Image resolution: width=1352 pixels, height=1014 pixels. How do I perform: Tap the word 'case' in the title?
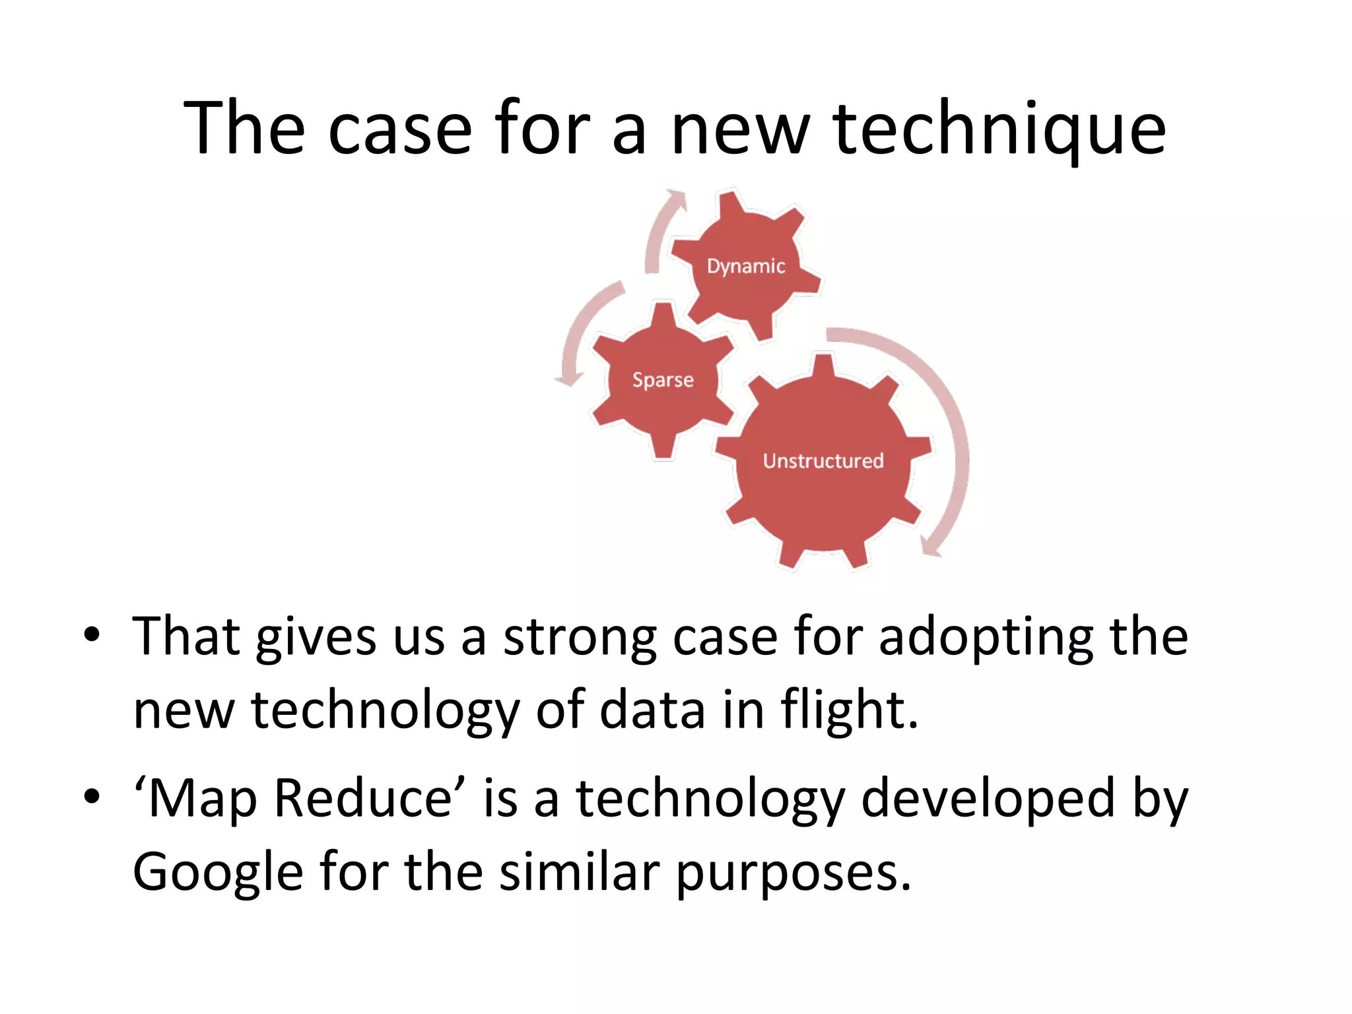[x=400, y=129]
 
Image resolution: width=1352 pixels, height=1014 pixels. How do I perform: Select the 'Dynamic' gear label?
[x=746, y=266]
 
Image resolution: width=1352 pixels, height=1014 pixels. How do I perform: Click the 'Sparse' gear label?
[x=663, y=380]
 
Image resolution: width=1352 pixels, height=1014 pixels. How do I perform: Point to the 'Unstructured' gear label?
[x=823, y=461]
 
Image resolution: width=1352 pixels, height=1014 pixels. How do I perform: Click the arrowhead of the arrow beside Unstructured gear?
[x=931, y=547]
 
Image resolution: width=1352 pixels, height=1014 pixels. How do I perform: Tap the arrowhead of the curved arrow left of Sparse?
[x=568, y=379]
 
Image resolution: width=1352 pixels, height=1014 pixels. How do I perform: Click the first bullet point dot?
[x=92, y=636]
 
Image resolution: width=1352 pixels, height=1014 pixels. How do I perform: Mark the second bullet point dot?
[x=92, y=797]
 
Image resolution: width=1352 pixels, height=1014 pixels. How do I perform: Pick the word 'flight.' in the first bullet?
[x=849, y=710]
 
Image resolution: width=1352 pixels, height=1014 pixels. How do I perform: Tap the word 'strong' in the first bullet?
[x=580, y=638]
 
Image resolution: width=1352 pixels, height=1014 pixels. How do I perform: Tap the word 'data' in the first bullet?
[x=652, y=710]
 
